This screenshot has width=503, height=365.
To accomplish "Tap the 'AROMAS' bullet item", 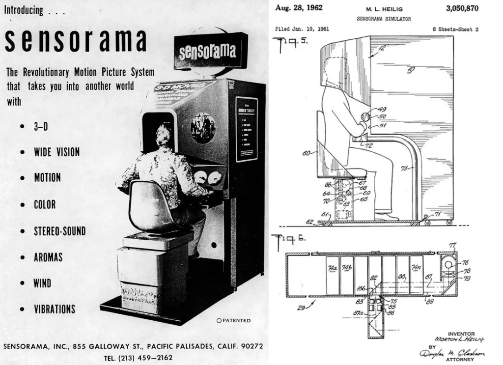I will pos(48,257).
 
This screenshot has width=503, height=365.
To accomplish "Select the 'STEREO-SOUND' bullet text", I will pos(59,231).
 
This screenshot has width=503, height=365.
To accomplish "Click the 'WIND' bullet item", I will pos(42,283).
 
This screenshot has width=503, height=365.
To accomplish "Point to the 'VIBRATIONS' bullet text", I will pos(54,309).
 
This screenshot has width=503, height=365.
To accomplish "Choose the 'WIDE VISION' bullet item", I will pos(56,152).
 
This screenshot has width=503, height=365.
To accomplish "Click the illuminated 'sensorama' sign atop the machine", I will pos(207,52).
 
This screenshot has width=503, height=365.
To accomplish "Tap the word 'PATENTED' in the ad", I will pos(236,320).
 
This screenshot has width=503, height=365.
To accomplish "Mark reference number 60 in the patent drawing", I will pos(307,153).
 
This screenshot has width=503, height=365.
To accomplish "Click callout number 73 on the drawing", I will pos(404,168).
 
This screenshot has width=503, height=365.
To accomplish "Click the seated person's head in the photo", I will pos(164,134).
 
